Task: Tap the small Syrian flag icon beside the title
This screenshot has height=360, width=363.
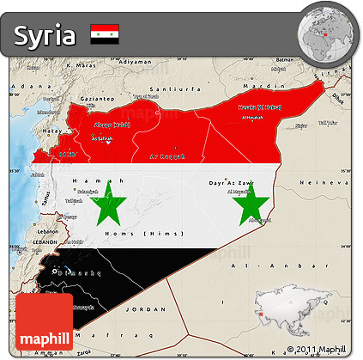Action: (105, 34)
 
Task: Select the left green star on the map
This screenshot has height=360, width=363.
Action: (109, 205)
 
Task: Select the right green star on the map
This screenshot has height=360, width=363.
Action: (251, 205)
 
